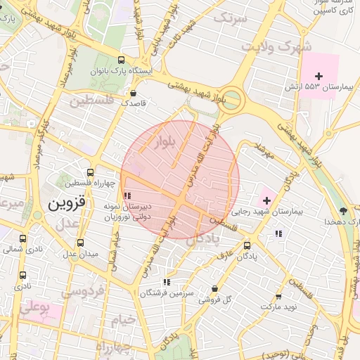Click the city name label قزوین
pyautogui.click(x=66, y=204)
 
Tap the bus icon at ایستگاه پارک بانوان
pyautogui.click(x=122, y=60)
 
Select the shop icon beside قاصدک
pyautogui.click(x=133, y=92)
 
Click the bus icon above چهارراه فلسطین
pyautogui.click(x=89, y=172)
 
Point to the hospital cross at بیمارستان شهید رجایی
pyautogui.click(x=266, y=201)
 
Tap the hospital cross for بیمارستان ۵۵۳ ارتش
pyautogui.click(x=319, y=75)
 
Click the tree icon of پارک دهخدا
pyautogui.click(x=343, y=211)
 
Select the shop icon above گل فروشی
pyautogui.click(x=214, y=289)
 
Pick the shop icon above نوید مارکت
pyautogui.click(x=278, y=297)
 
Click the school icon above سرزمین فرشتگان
pyautogui.click(x=166, y=282)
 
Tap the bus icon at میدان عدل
pyautogui.click(x=78, y=243)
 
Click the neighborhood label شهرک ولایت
pyautogui.click(x=276, y=46)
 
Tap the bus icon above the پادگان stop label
pyautogui.click(x=247, y=245)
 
